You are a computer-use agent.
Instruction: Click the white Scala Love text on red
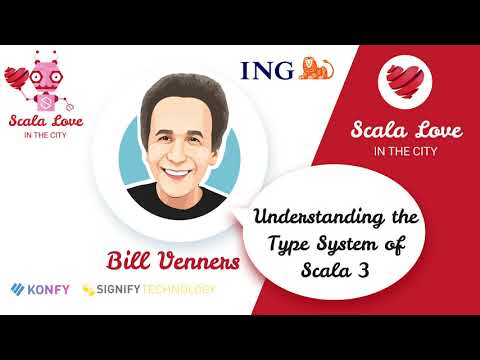(x=409, y=130)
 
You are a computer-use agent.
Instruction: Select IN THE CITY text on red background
(x=409, y=152)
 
